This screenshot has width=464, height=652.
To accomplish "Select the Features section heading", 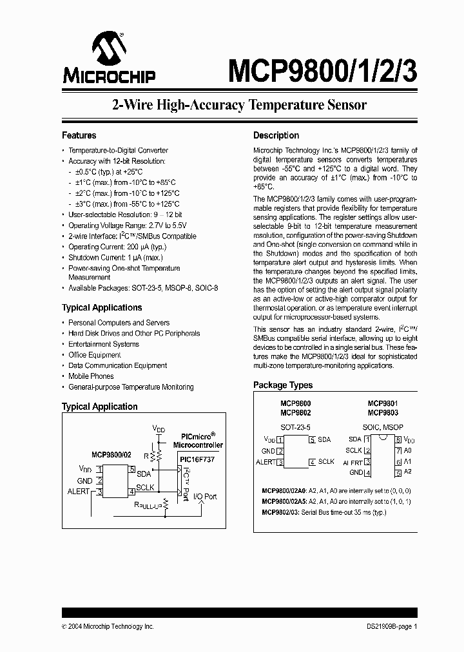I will (79, 135).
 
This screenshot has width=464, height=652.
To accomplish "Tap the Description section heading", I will (276, 135).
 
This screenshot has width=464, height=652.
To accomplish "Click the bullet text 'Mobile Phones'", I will (91, 376).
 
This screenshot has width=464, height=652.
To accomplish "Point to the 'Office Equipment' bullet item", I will (95, 355).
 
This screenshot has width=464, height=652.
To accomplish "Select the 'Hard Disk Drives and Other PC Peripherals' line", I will (134, 334).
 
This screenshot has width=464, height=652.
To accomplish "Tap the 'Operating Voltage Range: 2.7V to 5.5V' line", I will (128, 225).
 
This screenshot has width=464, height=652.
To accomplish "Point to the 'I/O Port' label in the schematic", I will (205, 497).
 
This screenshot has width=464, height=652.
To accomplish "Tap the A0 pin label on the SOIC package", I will (408, 450).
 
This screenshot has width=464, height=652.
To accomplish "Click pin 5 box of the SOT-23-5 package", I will (312, 440).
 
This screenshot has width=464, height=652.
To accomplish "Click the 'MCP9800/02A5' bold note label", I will (284, 501).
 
